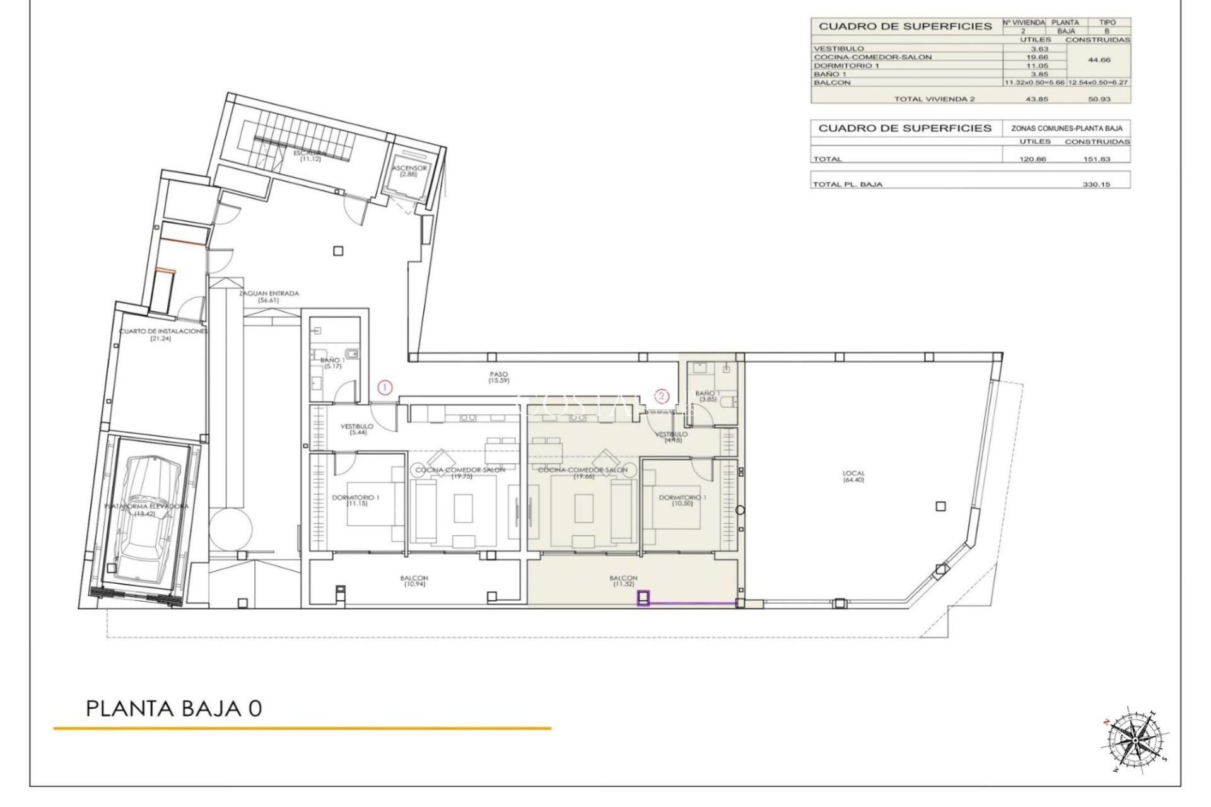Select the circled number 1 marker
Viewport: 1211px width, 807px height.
click(x=385, y=388)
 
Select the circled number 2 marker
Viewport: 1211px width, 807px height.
click(x=661, y=396)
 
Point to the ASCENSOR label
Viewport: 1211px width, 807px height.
click(x=409, y=171)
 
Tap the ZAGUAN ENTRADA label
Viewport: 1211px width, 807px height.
click(x=268, y=296)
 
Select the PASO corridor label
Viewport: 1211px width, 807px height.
click(x=498, y=378)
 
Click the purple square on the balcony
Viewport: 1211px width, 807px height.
click(x=643, y=598)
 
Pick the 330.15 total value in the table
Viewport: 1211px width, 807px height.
click(x=1096, y=185)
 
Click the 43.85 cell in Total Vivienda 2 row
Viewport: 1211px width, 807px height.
click(x=1033, y=99)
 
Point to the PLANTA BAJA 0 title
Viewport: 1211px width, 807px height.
click(x=174, y=708)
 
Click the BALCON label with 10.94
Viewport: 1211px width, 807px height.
click(x=414, y=581)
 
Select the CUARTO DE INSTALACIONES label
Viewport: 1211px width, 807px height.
click(x=163, y=334)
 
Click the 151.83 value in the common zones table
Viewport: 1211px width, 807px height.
click(x=1096, y=159)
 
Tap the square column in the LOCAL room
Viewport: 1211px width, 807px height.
click(x=940, y=506)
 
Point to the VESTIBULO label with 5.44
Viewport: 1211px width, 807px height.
click(x=356, y=429)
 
